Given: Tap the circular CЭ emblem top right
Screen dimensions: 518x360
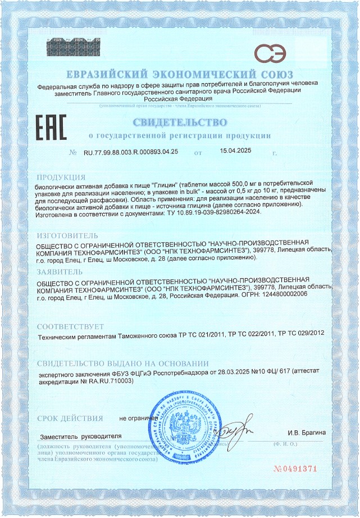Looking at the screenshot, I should [269, 53].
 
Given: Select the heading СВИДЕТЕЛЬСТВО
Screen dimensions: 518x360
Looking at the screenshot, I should [180, 122].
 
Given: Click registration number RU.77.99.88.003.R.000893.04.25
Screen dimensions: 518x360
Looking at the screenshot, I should [131, 152].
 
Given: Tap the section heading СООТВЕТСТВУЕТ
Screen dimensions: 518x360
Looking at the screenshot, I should [70, 326].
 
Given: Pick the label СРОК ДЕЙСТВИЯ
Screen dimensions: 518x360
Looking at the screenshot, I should [70, 418].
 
